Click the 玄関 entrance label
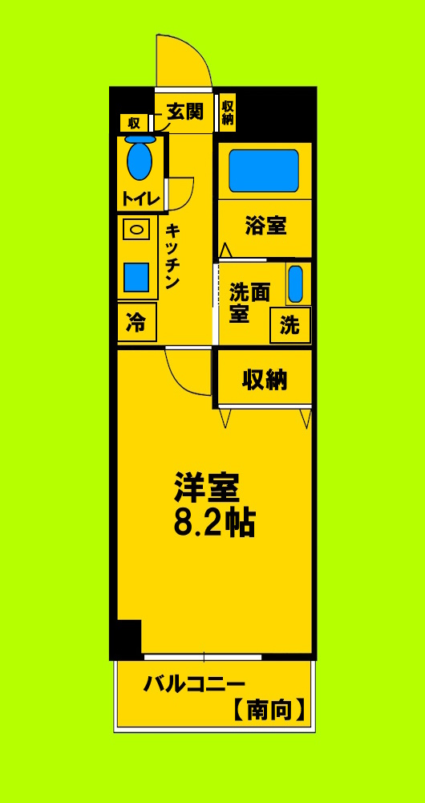point(184,111)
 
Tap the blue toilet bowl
point(140,161)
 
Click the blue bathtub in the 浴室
point(263,169)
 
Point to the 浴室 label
point(265,226)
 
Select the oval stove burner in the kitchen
point(136,230)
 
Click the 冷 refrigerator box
point(136,324)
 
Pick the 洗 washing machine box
point(289,325)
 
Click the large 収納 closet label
point(265,379)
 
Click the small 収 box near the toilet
point(132,123)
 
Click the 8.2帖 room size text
point(215,523)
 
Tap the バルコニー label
point(194,685)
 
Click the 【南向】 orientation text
point(269,710)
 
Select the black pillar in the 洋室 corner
point(127,636)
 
